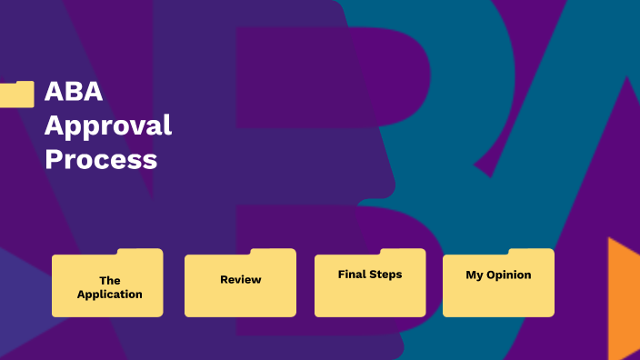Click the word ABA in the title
[74, 92]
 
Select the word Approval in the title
[107, 125]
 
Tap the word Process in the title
[101, 159]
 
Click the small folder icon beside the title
[17, 94]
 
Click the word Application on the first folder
[109, 294]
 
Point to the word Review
[240, 279]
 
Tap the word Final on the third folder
[352, 274]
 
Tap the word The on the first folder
[109, 280]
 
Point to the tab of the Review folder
[273, 252]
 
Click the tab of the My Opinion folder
[531, 252]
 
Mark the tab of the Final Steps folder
[403, 252]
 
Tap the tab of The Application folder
[140, 252]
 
